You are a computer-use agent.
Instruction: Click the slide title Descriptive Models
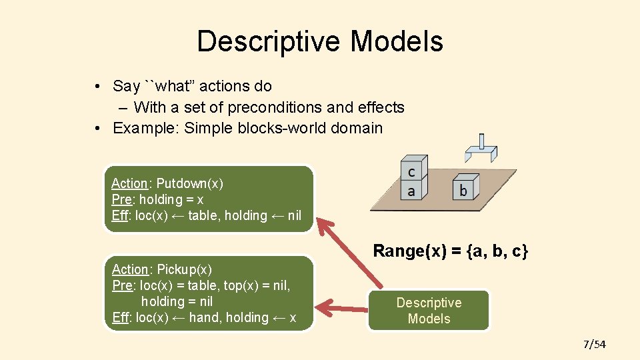point(320,41)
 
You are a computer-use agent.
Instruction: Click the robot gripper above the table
point(481,149)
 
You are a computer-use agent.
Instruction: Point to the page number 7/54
point(594,344)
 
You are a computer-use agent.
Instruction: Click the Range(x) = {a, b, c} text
point(451,251)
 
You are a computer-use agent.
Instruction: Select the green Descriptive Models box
point(429,310)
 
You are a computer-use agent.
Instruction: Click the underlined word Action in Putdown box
point(129,183)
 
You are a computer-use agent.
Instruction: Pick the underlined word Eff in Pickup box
point(120,317)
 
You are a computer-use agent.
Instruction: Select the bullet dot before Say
point(97,86)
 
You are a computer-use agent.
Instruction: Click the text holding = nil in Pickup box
point(177,301)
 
